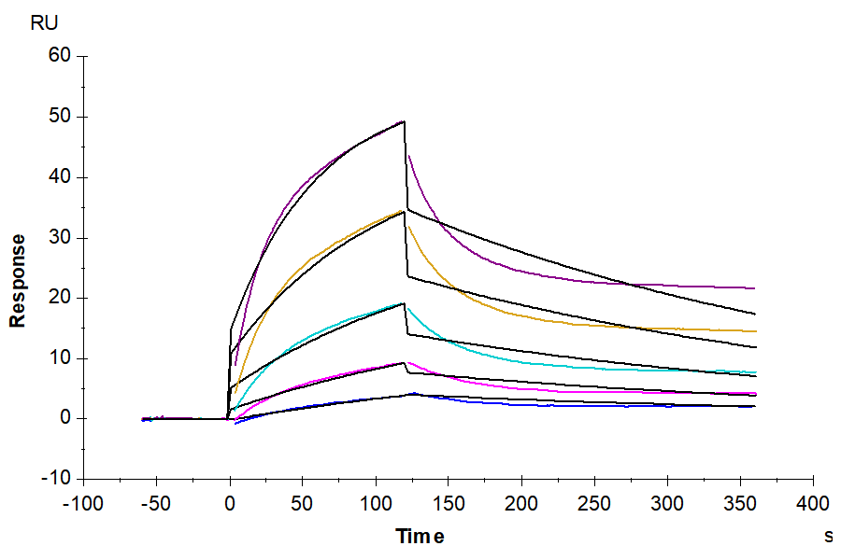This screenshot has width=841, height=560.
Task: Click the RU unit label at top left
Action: (x=44, y=23)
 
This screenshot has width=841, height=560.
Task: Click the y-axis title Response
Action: (x=18, y=280)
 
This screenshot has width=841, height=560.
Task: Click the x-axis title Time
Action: (x=420, y=537)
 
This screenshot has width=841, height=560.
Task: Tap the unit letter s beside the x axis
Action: (x=828, y=537)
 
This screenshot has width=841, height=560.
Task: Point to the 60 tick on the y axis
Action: (x=60, y=56)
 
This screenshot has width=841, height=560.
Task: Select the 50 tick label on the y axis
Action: (x=60, y=117)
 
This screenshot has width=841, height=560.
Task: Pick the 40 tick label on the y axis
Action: (x=60, y=177)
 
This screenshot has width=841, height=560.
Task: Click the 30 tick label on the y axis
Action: (x=60, y=237)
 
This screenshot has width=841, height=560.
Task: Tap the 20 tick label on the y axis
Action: (x=60, y=298)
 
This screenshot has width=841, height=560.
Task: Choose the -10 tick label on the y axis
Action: (x=56, y=479)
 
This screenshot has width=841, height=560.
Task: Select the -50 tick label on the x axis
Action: (x=155, y=504)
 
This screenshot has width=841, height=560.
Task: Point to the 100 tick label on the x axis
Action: (x=376, y=504)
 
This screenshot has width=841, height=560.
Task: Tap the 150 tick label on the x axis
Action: (x=449, y=504)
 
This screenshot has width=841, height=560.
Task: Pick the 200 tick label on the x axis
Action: (x=521, y=504)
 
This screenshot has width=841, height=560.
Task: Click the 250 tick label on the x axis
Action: (x=594, y=504)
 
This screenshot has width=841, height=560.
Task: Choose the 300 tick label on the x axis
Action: (x=667, y=504)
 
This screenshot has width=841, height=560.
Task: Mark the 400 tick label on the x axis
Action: (x=813, y=504)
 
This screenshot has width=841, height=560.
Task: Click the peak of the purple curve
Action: (x=404, y=121)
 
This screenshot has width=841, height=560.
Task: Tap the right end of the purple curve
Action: (x=754, y=288)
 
